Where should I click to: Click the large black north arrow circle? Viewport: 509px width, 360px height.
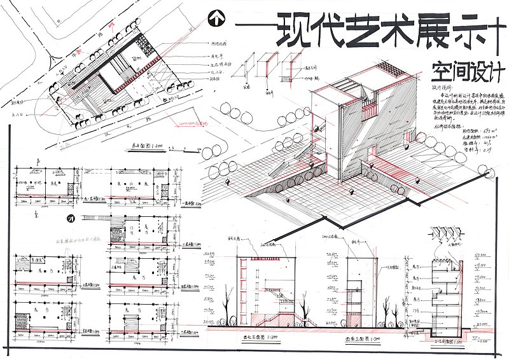[217, 18]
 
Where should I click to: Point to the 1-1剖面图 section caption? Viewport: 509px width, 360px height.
[439, 342]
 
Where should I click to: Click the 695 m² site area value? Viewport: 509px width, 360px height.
[462, 130]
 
